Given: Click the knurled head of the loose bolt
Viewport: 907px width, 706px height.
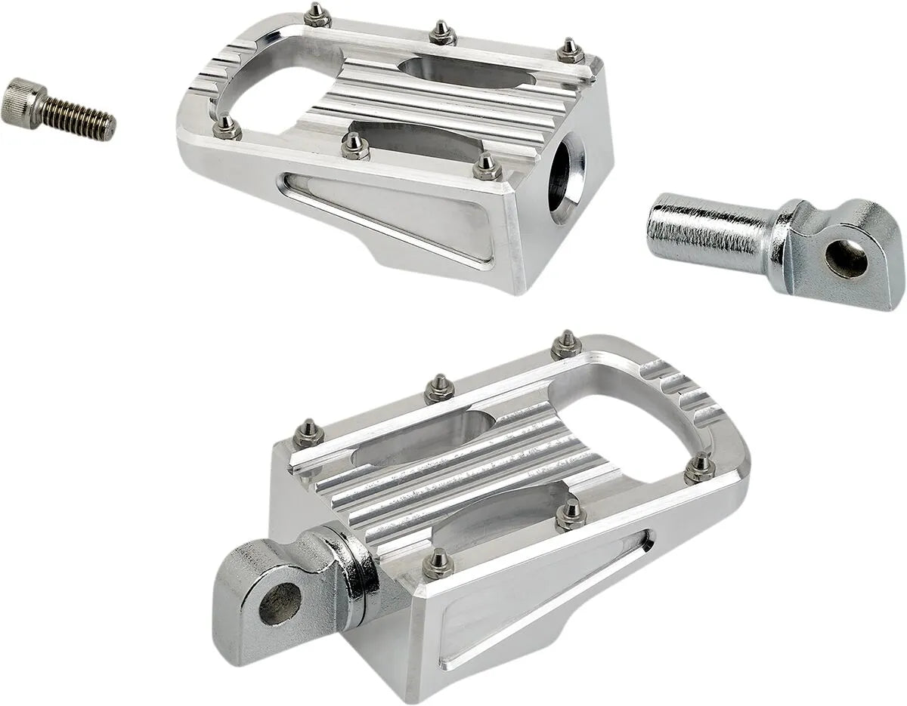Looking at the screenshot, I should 20,103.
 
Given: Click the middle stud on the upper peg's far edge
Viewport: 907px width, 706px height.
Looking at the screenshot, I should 442,32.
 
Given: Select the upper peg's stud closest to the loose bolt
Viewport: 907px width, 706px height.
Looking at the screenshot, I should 226,126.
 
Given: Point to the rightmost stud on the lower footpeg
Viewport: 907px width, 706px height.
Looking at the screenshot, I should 700,467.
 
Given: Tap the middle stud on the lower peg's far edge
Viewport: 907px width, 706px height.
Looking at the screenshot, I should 439,389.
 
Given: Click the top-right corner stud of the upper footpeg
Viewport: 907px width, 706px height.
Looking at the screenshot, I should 570,51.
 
